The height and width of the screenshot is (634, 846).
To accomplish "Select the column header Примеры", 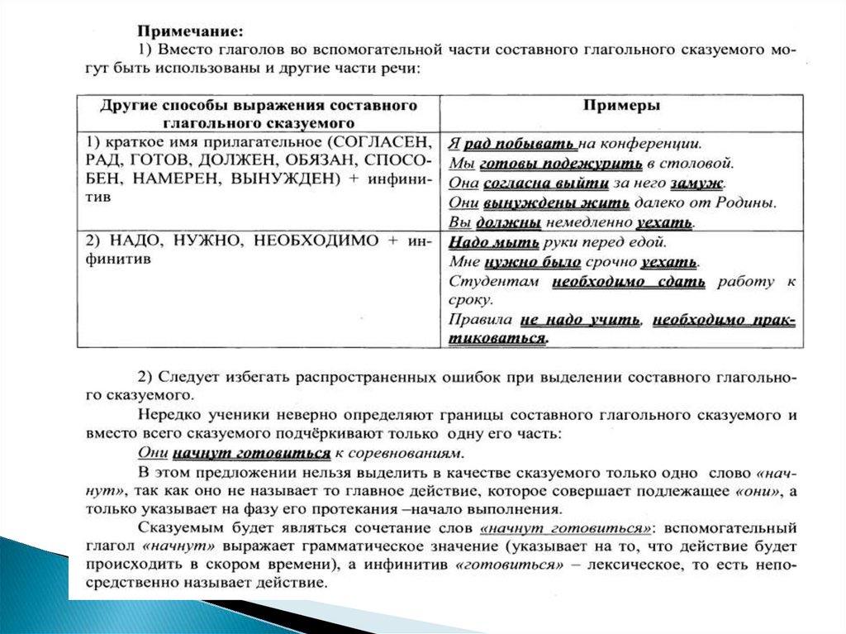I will click(620, 106).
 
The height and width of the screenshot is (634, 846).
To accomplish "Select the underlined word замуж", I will click(701, 183).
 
